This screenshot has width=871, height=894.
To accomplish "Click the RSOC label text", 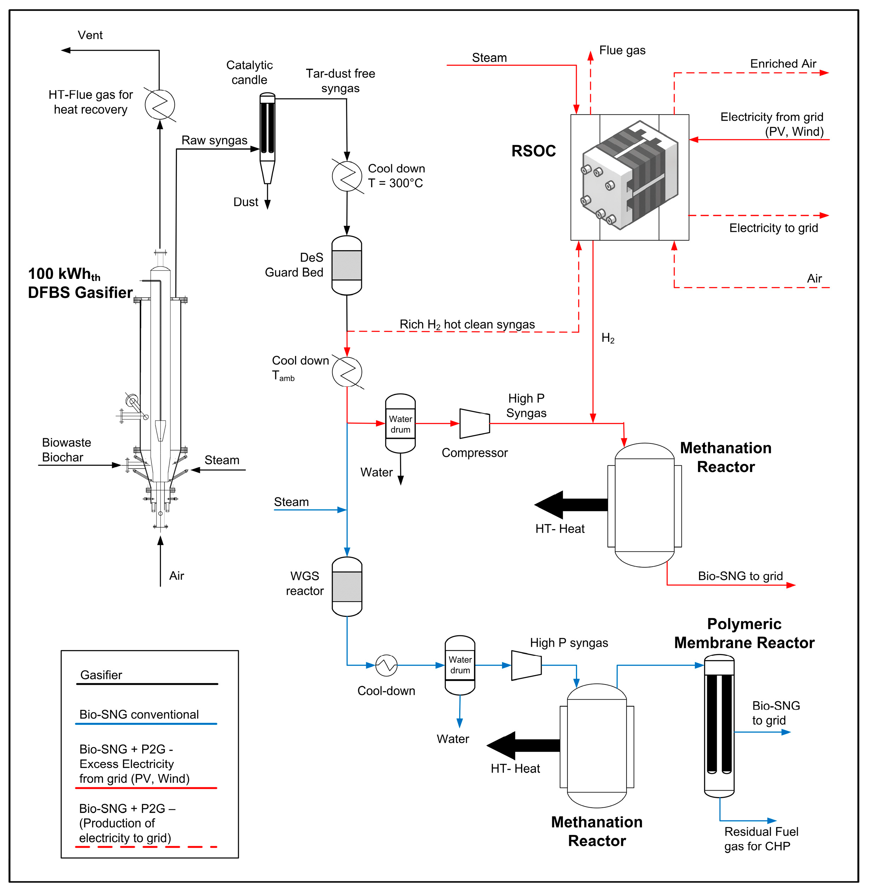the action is (x=533, y=151).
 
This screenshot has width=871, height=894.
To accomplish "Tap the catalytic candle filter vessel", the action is (x=267, y=138).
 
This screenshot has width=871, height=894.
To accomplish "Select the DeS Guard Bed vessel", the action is (x=347, y=265).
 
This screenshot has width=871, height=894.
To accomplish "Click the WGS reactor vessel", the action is (x=347, y=586).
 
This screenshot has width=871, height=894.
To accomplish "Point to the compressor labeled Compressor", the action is (x=475, y=423).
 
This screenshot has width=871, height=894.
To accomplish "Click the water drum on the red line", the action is (x=400, y=423).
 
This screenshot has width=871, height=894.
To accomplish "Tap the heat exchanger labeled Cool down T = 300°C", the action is (x=347, y=176).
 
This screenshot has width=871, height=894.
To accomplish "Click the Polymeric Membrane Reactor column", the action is (x=719, y=726).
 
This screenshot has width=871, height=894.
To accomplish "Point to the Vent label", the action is (x=90, y=35).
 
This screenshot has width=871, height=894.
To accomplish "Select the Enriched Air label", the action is (x=783, y=64).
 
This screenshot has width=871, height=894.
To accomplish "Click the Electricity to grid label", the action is (x=774, y=228).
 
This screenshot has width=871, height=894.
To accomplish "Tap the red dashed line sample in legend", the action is (x=146, y=847).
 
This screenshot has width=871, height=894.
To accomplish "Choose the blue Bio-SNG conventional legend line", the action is (x=146, y=723).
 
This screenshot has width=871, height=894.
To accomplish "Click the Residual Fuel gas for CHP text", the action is (x=761, y=839).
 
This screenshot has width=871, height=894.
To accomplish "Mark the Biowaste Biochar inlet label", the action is (x=66, y=450).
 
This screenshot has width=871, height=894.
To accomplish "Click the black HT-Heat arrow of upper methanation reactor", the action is (x=571, y=505).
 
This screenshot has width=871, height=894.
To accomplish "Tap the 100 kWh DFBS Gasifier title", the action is (x=80, y=283).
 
